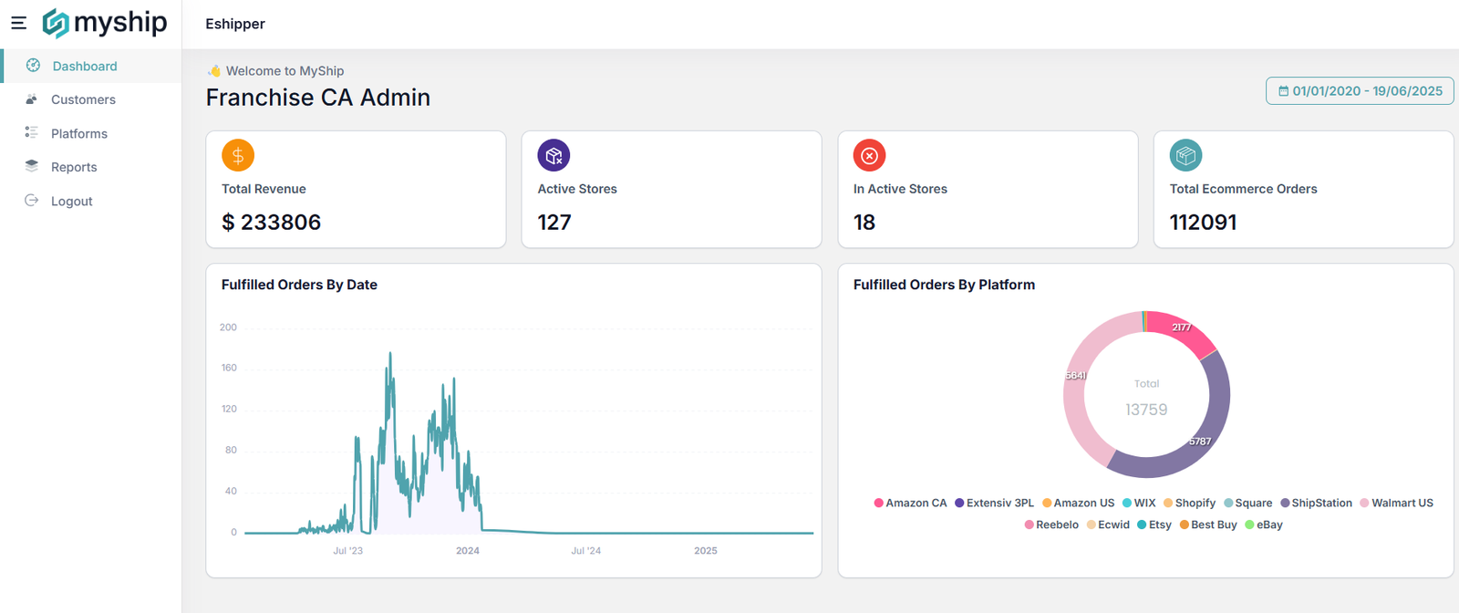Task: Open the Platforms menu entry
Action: click(67, 133)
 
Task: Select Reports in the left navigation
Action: click(61, 167)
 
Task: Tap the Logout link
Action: click(58, 201)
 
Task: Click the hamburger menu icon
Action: click(19, 24)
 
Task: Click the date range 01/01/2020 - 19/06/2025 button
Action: click(1360, 91)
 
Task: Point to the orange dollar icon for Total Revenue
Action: click(238, 155)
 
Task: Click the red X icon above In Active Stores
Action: click(870, 155)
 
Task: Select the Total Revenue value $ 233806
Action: click(271, 223)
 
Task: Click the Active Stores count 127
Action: click(554, 223)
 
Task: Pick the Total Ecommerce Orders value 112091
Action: click(1203, 223)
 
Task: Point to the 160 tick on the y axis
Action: click(229, 368)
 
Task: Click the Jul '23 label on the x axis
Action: click(347, 550)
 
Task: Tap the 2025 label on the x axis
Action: click(706, 550)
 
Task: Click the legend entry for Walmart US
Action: click(1396, 503)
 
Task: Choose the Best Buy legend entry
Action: click(1208, 525)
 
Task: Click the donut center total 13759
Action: click(1146, 410)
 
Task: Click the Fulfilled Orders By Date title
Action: click(299, 285)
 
